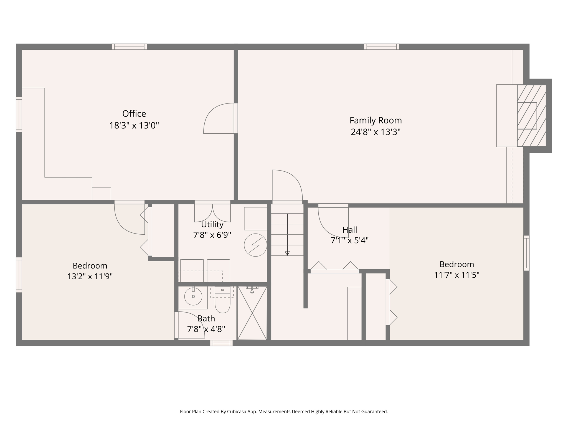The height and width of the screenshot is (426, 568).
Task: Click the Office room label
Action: [134, 114]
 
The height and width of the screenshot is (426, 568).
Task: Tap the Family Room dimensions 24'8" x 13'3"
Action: [376, 132]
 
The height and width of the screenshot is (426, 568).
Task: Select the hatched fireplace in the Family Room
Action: [531, 116]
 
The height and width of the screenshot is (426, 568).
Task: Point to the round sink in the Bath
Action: [193, 296]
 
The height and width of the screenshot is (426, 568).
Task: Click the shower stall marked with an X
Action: [252, 313]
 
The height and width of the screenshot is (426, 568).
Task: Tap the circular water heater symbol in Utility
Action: [255, 245]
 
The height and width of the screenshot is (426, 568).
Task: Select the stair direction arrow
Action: [287, 235]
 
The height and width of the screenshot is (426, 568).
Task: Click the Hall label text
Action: [349, 230]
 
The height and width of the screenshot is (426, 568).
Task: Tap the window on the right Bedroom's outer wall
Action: [526, 253]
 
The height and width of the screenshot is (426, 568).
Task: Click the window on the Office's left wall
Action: [19, 114]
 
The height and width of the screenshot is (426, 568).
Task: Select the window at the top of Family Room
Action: [382, 47]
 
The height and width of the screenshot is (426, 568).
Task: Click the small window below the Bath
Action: [221, 343]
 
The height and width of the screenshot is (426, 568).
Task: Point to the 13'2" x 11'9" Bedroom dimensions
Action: [90, 277]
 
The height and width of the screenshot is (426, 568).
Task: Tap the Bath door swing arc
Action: [191, 324]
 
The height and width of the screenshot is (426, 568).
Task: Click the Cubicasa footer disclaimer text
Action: [284, 412]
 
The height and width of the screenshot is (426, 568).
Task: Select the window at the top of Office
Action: [129, 47]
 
